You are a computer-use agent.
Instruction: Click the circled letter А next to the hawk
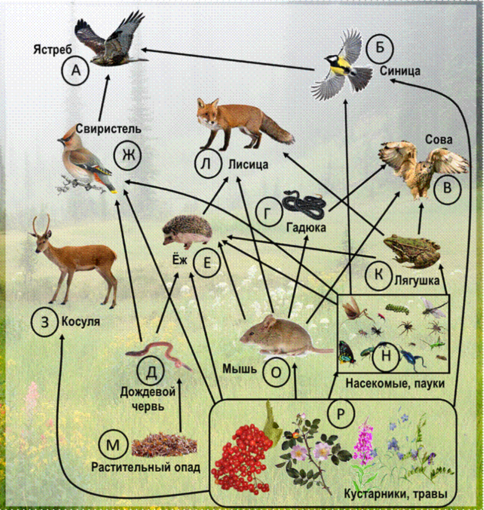coord(76,70)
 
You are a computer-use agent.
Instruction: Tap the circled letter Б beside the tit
coord(380,48)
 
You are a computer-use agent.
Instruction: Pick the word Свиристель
coord(108,129)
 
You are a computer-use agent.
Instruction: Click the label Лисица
coord(248,164)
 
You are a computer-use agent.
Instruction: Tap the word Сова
coord(439,140)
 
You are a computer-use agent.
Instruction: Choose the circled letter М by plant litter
coord(113,444)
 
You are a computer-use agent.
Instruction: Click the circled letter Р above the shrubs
coord(340,413)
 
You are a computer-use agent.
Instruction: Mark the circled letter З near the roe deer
coord(45,322)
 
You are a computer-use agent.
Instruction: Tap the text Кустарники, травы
coord(396,494)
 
